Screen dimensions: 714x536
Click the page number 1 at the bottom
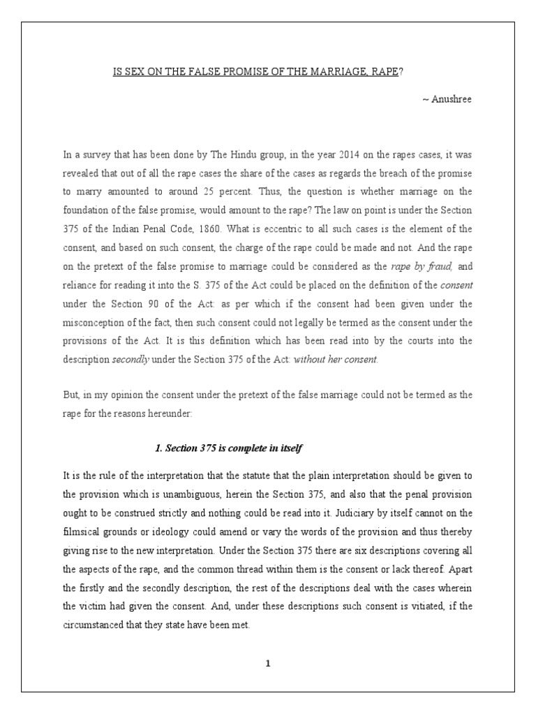click(267, 664)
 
